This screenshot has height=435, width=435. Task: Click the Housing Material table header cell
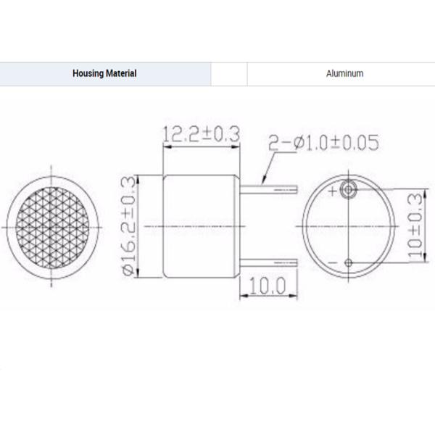click(105, 74)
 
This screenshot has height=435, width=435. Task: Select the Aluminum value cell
click(345, 74)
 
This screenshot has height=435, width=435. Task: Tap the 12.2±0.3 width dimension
click(201, 134)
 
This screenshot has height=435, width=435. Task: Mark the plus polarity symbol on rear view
click(333, 191)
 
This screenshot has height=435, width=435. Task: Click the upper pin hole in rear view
click(349, 190)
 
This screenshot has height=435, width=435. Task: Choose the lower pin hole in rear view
click(349, 261)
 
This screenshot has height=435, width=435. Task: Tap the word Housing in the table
click(88, 74)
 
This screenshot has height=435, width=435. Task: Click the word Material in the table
click(120, 74)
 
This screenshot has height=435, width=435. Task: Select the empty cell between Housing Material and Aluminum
click(229, 74)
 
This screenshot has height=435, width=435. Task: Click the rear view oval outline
click(299, 226)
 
